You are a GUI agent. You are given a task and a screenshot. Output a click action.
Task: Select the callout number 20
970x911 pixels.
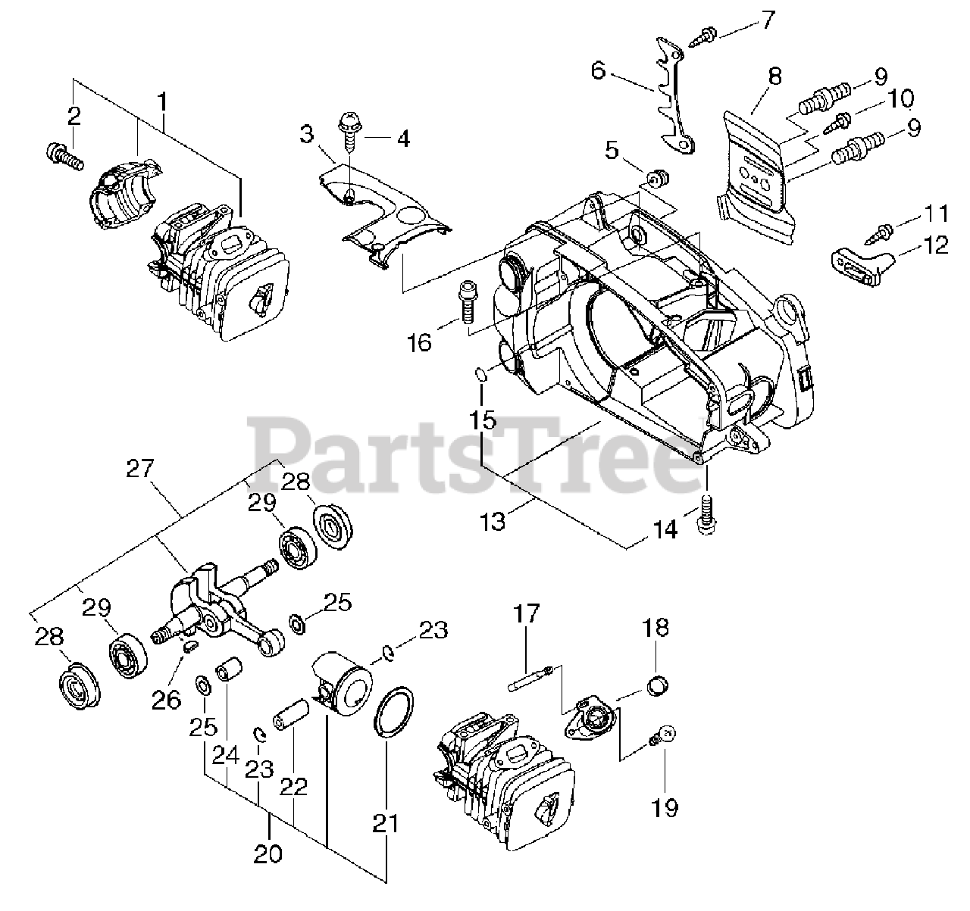(268, 853)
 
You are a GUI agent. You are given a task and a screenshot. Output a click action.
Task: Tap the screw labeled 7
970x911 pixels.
(706, 33)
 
